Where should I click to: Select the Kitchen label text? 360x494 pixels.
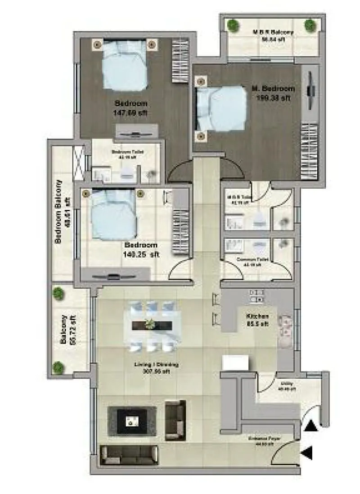(258, 317)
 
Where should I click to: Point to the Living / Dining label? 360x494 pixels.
(156, 365)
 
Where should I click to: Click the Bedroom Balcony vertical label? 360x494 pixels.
(58, 212)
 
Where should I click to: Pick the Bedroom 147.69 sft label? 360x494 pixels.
(130, 103)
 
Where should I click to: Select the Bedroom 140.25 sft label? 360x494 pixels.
(141, 245)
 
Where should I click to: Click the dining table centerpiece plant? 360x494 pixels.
(150, 323)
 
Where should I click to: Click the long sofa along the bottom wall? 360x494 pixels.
(129, 455)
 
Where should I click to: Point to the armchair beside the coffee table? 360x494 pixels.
(175, 420)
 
